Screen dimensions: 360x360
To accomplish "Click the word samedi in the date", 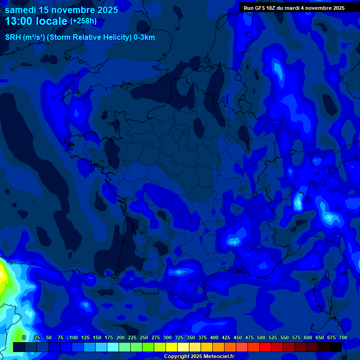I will (x=22, y=10).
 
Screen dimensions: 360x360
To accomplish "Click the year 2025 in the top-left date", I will (x=107, y=10).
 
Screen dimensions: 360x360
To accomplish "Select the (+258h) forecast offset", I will (x=83, y=21).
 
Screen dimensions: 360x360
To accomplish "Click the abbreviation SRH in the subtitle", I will (x=13, y=37).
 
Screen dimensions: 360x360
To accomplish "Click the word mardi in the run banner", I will (x=294, y=8).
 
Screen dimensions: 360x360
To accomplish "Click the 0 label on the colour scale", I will (x=24, y=337).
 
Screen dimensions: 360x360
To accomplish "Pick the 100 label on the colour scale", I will (x=74, y=337).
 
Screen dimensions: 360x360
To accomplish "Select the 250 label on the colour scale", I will (x=144, y=337).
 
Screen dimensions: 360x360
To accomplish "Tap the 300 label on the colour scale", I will (x=167, y=337).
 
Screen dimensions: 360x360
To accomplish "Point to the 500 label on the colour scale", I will (x=261, y=337).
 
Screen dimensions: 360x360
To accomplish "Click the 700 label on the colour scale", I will (x=343, y=337).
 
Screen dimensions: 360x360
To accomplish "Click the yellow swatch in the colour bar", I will (x=172, y=347).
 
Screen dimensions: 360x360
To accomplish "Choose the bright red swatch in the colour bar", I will (x=265, y=347).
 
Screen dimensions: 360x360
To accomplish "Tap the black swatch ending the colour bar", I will (x=336, y=347).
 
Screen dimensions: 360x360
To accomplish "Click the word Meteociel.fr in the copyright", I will (x=216, y=357).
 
